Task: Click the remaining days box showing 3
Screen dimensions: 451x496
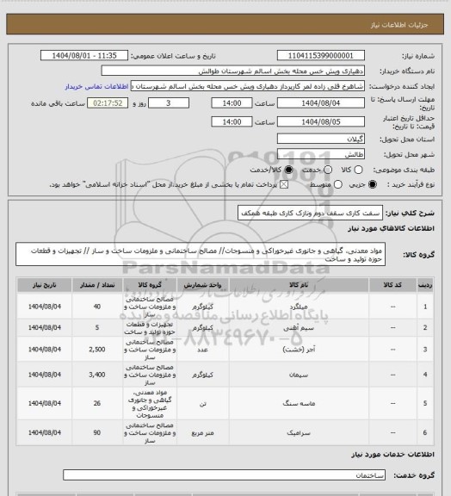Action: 178,102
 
